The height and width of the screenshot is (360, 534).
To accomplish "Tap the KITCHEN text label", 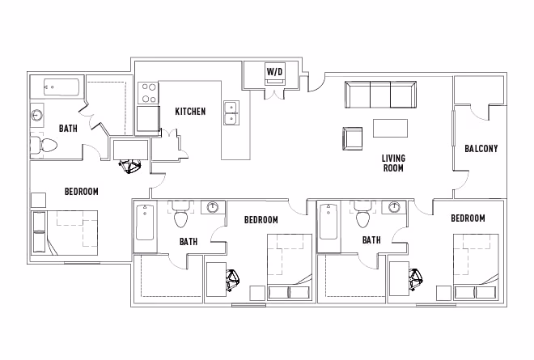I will [190, 111].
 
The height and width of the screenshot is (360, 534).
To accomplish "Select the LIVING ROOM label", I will [393, 163].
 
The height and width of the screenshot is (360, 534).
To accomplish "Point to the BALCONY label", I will [481, 149].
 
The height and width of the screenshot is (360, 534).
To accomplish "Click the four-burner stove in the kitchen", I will [147, 93].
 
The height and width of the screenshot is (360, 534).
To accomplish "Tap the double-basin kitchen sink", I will [231, 113].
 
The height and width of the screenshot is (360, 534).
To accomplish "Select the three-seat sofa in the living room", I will [380, 95].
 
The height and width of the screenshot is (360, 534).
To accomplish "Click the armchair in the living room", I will [353, 138].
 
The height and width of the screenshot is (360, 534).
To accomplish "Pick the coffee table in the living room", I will [390, 129].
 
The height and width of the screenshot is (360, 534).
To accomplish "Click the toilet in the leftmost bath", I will [45, 146].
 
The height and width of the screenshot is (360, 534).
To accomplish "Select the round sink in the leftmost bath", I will [37, 115].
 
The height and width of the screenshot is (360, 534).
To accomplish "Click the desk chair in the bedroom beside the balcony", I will [417, 280].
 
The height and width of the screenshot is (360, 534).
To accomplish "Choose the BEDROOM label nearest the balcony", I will [468, 218].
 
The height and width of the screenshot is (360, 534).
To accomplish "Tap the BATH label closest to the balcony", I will [371, 240].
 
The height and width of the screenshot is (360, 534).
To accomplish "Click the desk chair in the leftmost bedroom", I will [129, 166].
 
